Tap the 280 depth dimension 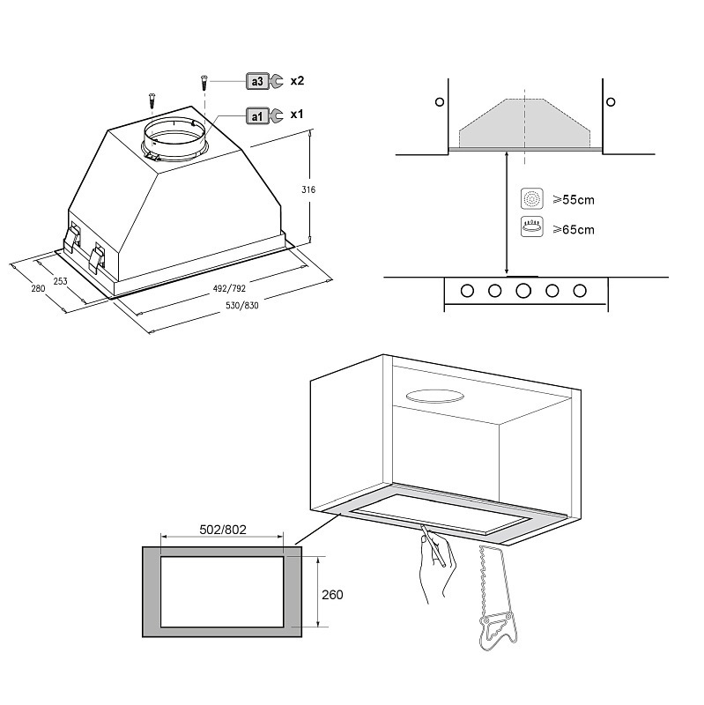pyautogui.click(x=37, y=289)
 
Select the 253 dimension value pyautogui.click(x=59, y=282)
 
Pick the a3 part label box pyautogui.click(x=257, y=82)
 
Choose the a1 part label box pyautogui.click(x=256, y=115)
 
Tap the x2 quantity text pyautogui.click(x=297, y=81)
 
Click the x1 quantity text pyautogui.click(x=297, y=115)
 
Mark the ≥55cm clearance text pyautogui.click(x=573, y=200)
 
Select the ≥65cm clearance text pyautogui.click(x=573, y=229)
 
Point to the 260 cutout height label pyautogui.click(x=332, y=594)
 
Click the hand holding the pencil pyautogui.click(x=438, y=564)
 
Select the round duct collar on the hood pyautogui.click(x=175, y=137)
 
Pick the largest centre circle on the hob pyautogui.click(x=523, y=291)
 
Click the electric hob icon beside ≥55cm pyautogui.click(x=531, y=198)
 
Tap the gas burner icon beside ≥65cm pyautogui.click(x=531, y=227)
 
